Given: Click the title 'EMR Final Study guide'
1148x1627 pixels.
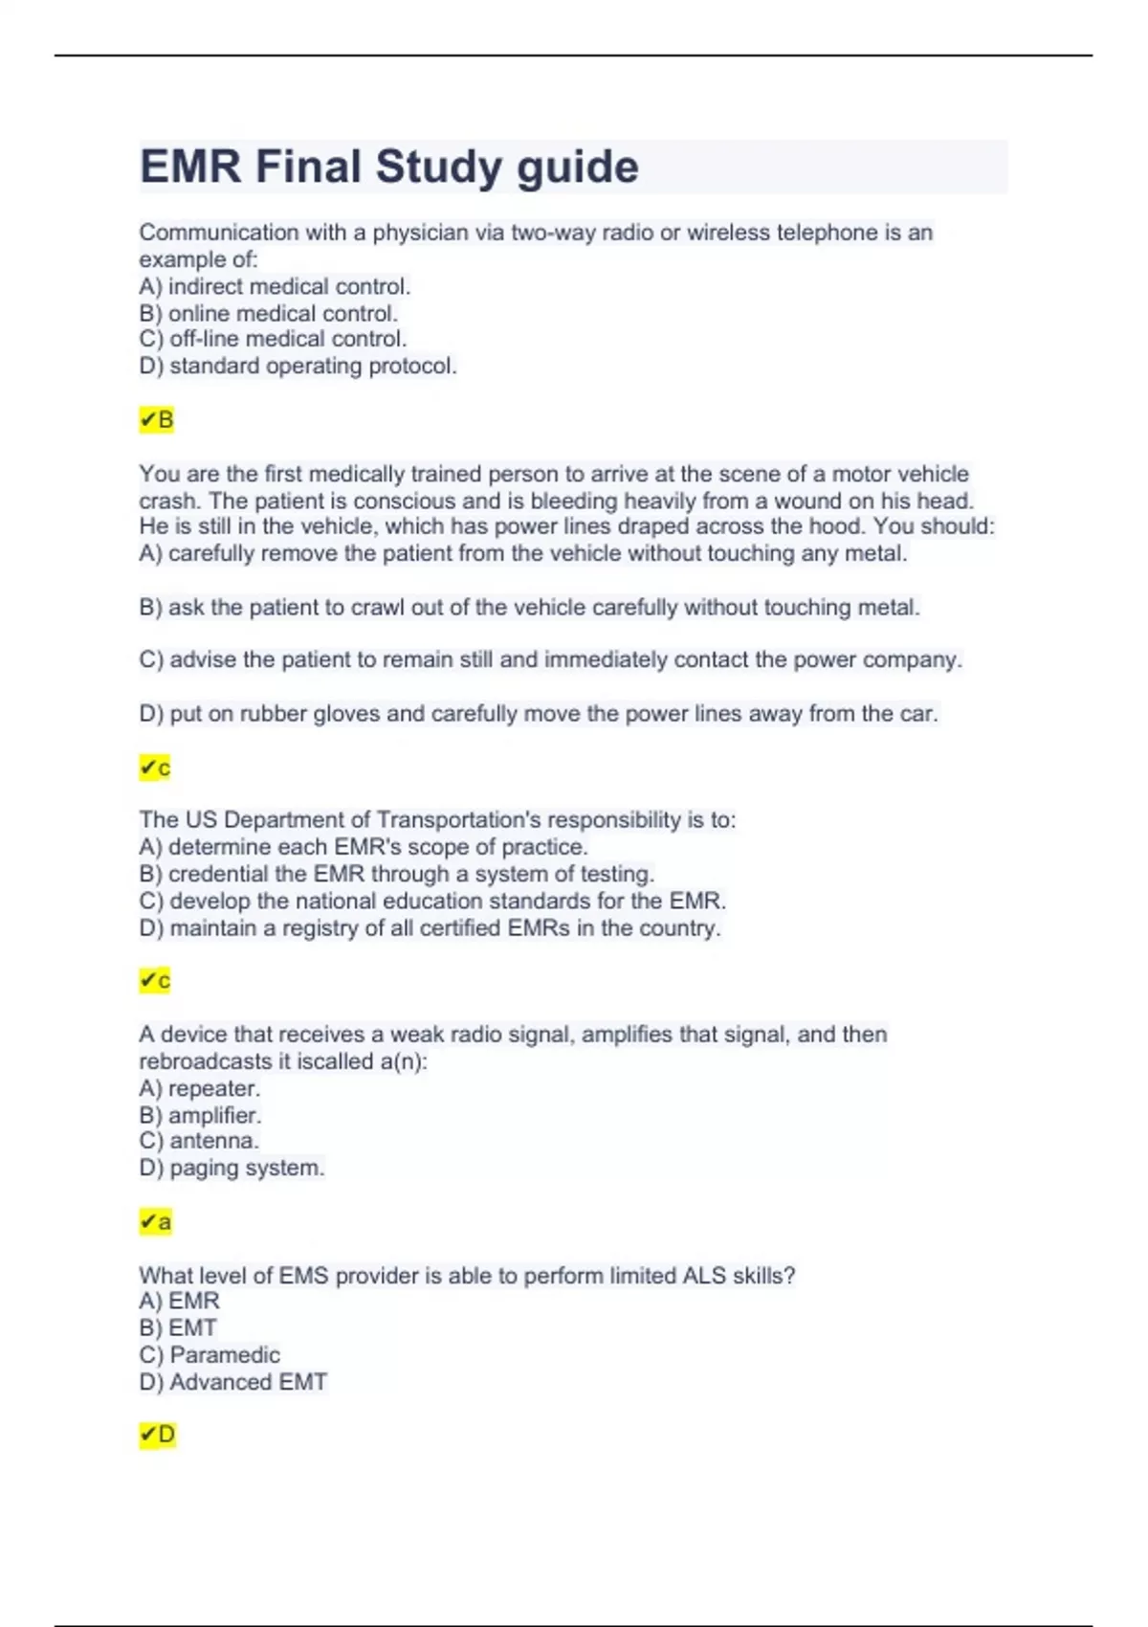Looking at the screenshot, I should click(x=388, y=167).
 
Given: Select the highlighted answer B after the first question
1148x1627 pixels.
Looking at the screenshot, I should click(x=157, y=420).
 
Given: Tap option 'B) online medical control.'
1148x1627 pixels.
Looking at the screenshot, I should click(x=268, y=313).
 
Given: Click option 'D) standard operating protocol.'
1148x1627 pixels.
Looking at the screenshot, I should click(x=298, y=366).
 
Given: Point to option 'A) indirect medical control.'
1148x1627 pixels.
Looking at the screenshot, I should click(x=275, y=286).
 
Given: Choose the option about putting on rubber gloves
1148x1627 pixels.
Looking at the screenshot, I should click(x=539, y=714).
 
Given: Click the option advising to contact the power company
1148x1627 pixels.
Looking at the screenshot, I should click(x=550, y=660).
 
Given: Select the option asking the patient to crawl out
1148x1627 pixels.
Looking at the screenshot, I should click(x=529, y=608).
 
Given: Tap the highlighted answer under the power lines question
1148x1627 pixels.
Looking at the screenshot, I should click(x=155, y=768).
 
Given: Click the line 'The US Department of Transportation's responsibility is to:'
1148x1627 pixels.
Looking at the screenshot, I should click(x=437, y=820).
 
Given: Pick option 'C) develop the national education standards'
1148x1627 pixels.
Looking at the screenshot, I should click(x=432, y=901).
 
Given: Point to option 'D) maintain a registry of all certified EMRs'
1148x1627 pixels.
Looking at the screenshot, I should click(x=430, y=928).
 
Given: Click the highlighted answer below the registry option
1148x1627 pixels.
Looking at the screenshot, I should click(x=155, y=981).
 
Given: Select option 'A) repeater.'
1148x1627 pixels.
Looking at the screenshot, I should click(x=199, y=1088).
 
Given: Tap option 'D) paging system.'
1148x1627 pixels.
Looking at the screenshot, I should click(x=232, y=1168).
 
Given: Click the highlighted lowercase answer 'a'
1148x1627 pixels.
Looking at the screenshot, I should click(x=156, y=1222).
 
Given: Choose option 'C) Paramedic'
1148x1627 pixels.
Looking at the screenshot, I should click(x=210, y=1355).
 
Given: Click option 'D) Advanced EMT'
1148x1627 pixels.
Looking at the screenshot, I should click(x=232, y=1382).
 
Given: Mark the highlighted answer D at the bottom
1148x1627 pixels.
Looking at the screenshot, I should click(x=158, y=1435).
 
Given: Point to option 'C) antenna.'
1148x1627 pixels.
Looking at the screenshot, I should click(x=199, y=1141).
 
